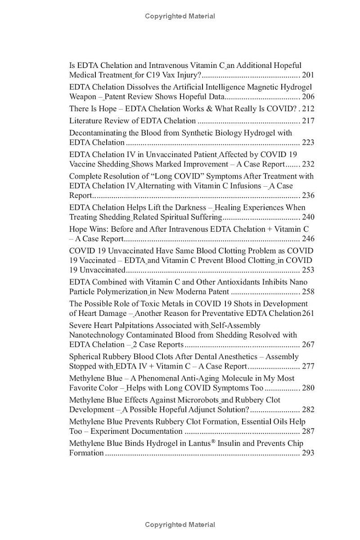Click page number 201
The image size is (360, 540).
pos(308,75)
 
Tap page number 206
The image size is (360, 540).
pos(308,97)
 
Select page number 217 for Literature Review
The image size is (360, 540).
pos(308,121)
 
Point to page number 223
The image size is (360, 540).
pos(308,143)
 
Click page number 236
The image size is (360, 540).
pos(308,196)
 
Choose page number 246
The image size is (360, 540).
pos(308,239)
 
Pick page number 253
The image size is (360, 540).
pos(308,270)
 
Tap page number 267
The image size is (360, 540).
pos(308,345)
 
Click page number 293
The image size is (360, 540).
pos(308,453)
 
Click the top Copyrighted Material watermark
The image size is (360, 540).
pos(180,16)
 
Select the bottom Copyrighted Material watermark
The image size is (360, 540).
pos(180,525)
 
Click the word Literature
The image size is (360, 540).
pos(85,121)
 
